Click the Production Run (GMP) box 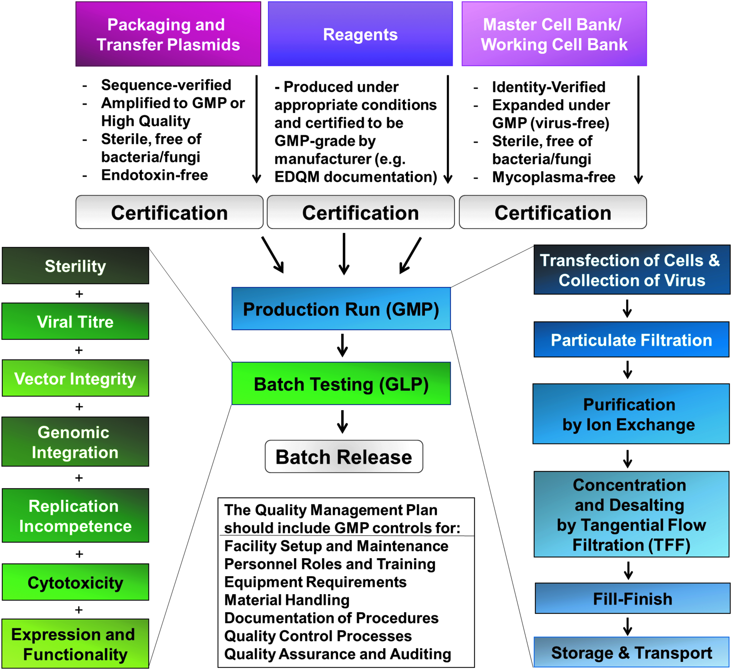click(x=341, y=309)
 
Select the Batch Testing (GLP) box click(x=341, y=383)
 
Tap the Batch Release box click(x=344, y=457)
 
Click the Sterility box click(x=76, y=266)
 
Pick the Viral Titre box click(x=76, y=321)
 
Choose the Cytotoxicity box click(x=76, y=582)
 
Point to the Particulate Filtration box click(x=631, y=339)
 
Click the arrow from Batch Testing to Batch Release click(x=342, y=422)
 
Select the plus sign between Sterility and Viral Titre click(x=79, y=294)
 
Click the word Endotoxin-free click(x=155, y=175)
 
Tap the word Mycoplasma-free click(x=554, y=177)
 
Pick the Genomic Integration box click(x=76, y=442)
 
